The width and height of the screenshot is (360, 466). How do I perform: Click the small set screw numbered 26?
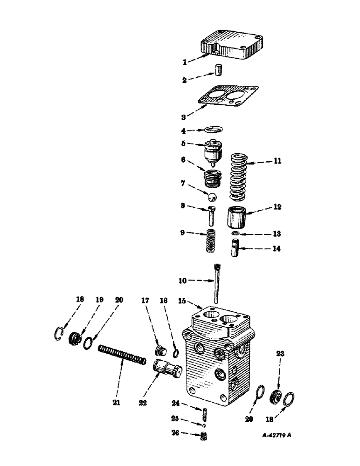(x=203, y=437)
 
